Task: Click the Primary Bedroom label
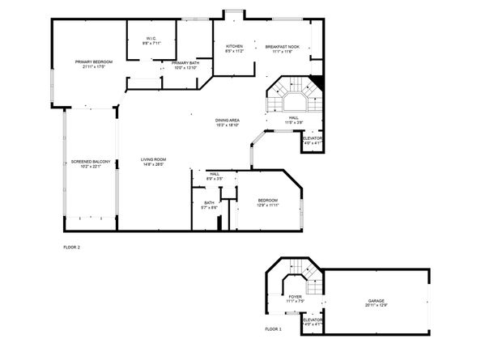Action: (x=93, y=62)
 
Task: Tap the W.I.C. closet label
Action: (x=151, y=39)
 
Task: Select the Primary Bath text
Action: (x=185, y=63)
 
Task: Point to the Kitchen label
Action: (x=234, y=47)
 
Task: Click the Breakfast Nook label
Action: (x=283, y=47)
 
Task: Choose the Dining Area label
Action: (x=227, y=120)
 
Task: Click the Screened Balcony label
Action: (x=91, y=162)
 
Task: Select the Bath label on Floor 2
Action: (x=209, y=203)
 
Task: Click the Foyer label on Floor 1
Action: (x=296, y=297)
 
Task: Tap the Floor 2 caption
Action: (x=72, y=247)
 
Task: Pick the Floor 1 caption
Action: (x=274, y=329)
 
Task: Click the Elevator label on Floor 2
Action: (x=313, y=138)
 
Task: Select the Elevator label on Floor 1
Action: (x=313, y=320)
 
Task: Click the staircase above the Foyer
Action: (x=296, y=277)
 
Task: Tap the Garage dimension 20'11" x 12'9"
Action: (x=375, y=304)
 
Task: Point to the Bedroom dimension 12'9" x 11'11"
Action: (x=268, y=205)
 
